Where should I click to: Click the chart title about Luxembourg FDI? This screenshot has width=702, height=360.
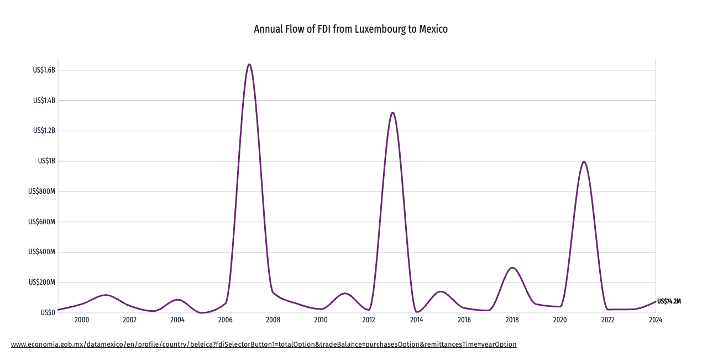[x=350, y=29]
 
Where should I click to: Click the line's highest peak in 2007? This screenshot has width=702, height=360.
[x=249, y=64]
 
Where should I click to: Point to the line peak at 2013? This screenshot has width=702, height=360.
[x=392, y=112]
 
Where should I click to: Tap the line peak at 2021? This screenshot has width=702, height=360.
[x=584, y=161]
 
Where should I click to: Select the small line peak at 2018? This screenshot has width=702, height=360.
[x=512, y=268]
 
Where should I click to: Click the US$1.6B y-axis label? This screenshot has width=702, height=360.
[x=44, y=70]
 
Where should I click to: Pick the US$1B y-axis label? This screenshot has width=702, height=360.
[x=46, y=161]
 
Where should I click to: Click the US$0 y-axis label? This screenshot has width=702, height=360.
[x=48, y=312]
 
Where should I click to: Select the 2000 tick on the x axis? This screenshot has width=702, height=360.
[x=82, y=320]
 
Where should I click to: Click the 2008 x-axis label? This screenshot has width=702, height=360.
[x=273, y=320]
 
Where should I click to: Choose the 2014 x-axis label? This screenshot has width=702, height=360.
[x=417, y=320]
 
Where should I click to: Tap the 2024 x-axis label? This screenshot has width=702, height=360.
[x=656, y=320]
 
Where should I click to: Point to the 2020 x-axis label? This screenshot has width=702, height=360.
[x=560, y=320]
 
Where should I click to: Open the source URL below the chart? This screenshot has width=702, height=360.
[x=264, y=344]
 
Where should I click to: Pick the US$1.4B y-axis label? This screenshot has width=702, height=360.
[x=44, y=101]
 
